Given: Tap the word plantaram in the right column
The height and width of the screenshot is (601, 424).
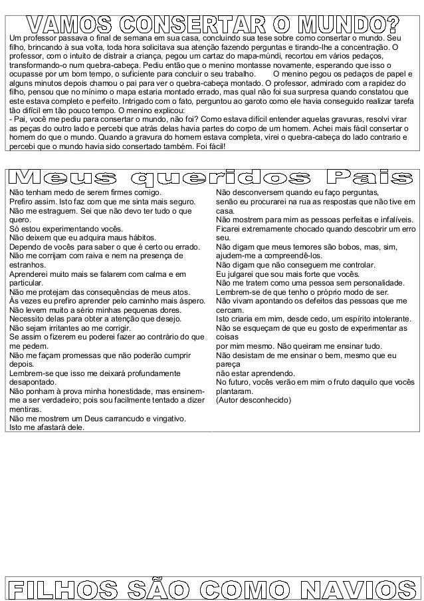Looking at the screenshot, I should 236,392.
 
